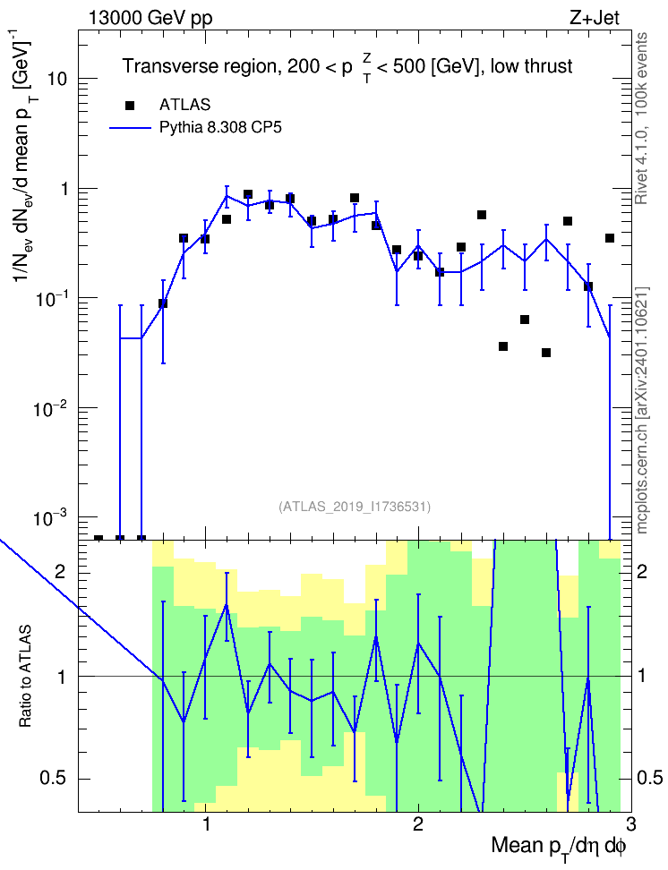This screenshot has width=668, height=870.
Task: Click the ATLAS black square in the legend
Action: tap(130, 106)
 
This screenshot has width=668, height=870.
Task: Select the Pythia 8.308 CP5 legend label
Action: tap(220, 128)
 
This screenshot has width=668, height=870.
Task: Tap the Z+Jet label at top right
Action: tap(595, 18)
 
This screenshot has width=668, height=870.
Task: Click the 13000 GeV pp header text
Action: tap(150, 18)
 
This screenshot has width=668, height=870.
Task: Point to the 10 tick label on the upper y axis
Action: tap(57, 79)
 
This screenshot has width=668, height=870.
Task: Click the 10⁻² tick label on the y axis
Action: tap(50, 409)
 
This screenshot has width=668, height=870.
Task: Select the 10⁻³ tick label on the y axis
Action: tap(50, 518)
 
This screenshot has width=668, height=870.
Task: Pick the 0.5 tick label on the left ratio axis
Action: tap(55, 779)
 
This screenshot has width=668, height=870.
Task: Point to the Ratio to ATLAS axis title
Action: tap(25, 676)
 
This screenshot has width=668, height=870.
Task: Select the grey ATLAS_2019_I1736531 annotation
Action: tap(355, 507)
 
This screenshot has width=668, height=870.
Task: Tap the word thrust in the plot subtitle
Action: tap(545, 66)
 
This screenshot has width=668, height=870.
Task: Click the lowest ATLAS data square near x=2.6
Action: tap(546, 353)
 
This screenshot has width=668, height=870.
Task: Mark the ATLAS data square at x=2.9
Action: tap(610, 238)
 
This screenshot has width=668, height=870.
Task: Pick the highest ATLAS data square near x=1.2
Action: tap(248, 194)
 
